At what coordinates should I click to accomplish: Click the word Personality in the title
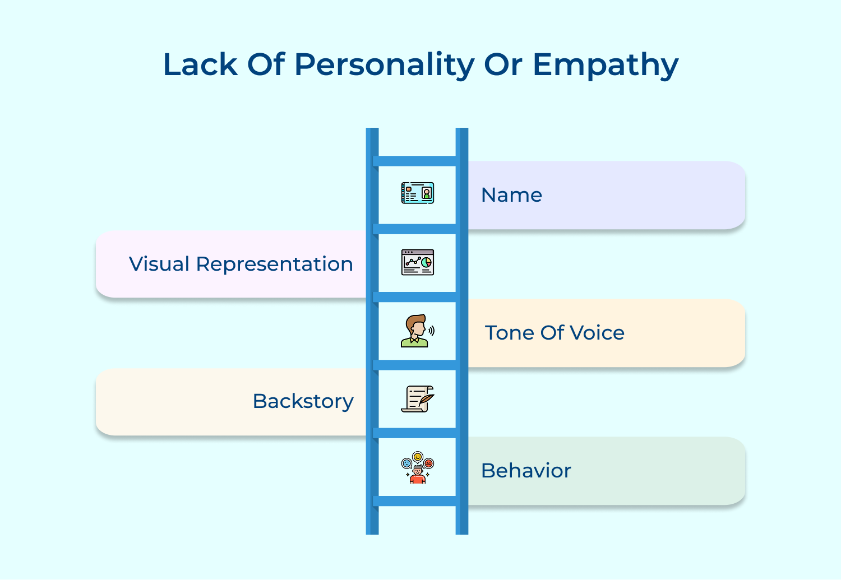pos(385,65)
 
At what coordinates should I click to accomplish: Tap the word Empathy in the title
pos(606,65)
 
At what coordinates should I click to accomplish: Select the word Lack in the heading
pos(200,65)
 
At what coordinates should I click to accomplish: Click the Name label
pos(511,195)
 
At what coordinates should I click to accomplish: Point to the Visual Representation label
pos(241,264)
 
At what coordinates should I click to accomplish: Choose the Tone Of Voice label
pos(554,333)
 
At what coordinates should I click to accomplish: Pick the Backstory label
pos(303,401)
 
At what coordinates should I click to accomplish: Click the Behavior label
pos(526,471)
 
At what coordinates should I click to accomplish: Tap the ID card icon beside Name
pos(418,193)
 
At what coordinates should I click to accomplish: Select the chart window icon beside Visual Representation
pos(418,262)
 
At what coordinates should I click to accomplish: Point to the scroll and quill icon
pos(418,399)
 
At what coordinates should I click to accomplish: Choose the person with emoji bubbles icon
pos(418,468)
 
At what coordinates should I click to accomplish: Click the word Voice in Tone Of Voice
pos(597,333)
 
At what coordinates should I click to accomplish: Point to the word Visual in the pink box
pos(159,264)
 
